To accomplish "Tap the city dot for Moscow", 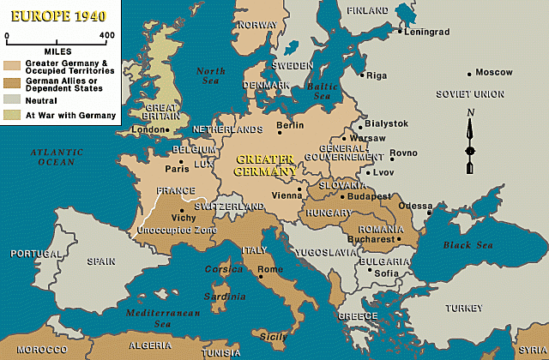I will [x=468, y=74].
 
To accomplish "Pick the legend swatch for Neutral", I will [x=12, y=100].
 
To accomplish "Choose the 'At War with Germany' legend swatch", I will [x=12, y=114].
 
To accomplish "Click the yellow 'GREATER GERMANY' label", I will [x=264, y=165].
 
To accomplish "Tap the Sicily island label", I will [x=274, y=338].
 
